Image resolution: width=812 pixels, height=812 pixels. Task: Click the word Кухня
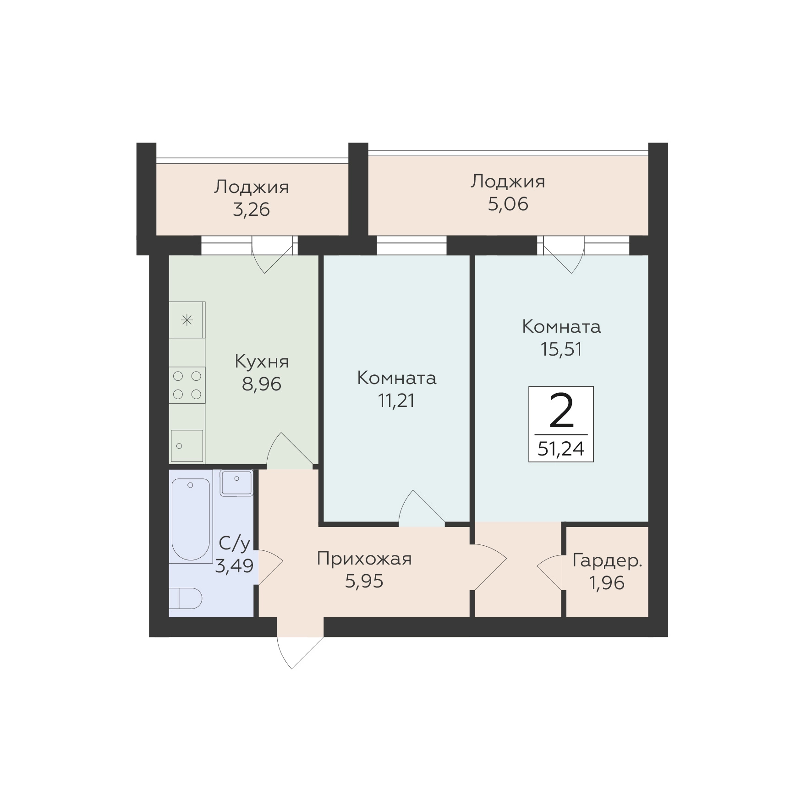pyautogui.click(x=262, y=362)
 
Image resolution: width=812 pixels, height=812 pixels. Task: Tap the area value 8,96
pyautogui.click(x=262, y=384)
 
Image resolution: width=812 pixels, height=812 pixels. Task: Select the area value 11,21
pyautogui.click(x=396, y=401)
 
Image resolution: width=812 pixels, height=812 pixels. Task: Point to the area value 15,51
pyautogui.click(x=561, y=349)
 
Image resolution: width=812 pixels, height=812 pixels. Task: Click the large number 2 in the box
pyautogui.click(x=561, y=411)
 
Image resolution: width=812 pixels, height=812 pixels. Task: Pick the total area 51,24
pyautogui.click(x=561, y=449)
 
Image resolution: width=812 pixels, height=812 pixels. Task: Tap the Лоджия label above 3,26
pyautogui.click(x=252, y=187)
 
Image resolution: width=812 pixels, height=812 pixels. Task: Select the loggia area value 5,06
pyautogui.click(x=508, y=204)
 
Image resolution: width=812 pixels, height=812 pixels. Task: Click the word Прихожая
pyautogui.click(x=364, y=559)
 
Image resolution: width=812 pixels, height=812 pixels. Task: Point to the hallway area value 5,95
pyautogui.click(x=364, y=581)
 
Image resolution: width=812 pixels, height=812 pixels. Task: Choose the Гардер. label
pyautogui.click(x=607, y=561)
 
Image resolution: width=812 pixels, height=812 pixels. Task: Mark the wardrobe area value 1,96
pyautogui.click(x=607, y=583)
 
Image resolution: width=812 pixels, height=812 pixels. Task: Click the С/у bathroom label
pyautogui.click(x=234, y=543)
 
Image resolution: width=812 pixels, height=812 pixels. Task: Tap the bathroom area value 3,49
pyautogui.click(x=234, y=566)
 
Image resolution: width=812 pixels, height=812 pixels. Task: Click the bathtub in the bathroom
pyautogui.click(x=191, y=519)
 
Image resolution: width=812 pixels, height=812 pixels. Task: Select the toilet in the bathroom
pyautogui.click(x=186, y=598)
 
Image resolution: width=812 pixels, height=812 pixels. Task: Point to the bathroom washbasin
pyautogui.click(x=236, y=483)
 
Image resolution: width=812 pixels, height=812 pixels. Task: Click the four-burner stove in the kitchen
pyautogui.click(x=187, y=385)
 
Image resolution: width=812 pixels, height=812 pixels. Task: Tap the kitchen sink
pyautogui.click(x=187, y=446)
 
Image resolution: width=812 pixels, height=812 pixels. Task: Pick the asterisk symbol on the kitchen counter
pyautogui.click(x=187, y=320)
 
